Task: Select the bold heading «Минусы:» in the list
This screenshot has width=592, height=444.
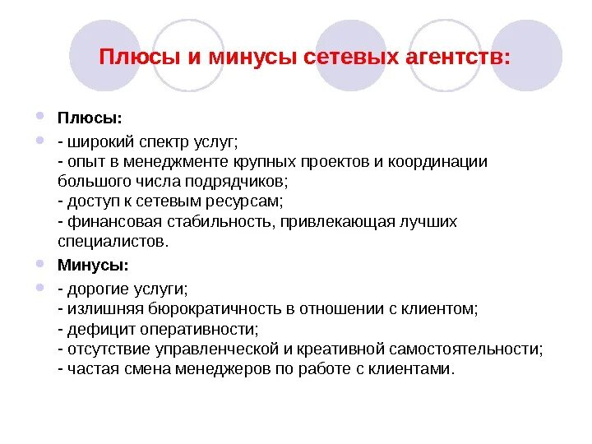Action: [x=93, y=266]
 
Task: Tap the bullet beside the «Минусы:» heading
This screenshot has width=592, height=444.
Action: [x=41, y=264]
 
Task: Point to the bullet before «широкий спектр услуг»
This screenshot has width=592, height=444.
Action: [x=41, y=141]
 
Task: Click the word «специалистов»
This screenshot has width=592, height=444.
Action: [x=113, y=241]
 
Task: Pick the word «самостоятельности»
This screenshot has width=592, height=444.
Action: [x=470, y=349]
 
